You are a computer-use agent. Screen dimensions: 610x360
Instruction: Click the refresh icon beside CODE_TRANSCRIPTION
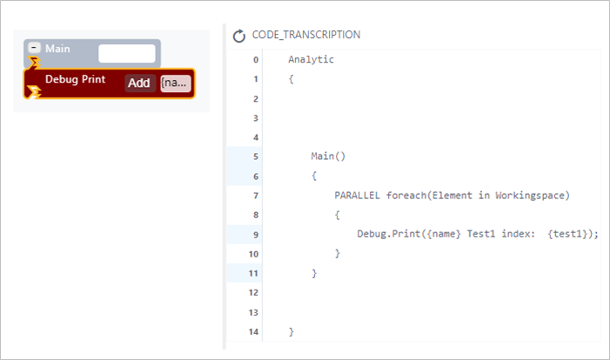(x=238, y=36)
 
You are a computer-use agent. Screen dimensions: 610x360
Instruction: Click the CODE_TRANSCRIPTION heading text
(x=306, y=35)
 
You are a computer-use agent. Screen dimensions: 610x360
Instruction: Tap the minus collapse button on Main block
(x=34, y=48)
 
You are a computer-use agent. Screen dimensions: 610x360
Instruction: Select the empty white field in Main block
(x=127, y=53)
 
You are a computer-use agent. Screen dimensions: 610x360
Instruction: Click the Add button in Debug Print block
(x=139, y=83)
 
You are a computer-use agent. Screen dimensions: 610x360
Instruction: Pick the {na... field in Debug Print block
(x=176, y=83)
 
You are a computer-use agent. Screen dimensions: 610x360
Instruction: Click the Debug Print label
(x=75, y=79)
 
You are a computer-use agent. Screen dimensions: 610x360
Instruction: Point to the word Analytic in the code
(x=311, y=59)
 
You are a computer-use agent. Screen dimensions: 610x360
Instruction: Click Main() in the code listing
(x=328, y=157)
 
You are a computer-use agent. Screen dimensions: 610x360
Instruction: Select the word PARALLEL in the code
(x=357, y=195)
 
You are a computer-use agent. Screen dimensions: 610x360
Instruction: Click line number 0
(x=256, y=60)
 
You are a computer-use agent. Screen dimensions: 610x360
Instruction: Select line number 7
(x=256, y=196)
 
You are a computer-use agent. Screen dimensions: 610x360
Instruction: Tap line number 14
(x=253, y=331)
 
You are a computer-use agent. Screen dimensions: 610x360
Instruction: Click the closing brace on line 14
(x=292, y=331)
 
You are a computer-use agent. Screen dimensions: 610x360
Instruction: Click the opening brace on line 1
(x=291, y=79)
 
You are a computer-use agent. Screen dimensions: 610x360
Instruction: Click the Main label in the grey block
(x=57, y=49)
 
